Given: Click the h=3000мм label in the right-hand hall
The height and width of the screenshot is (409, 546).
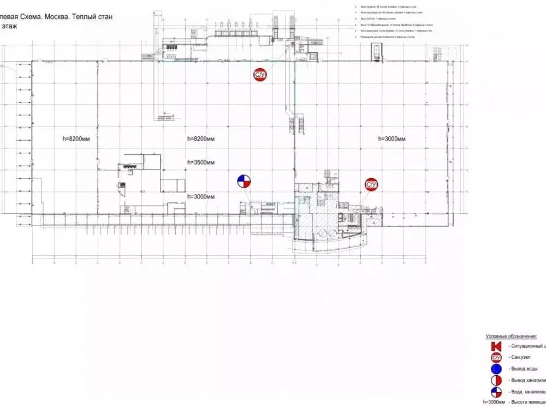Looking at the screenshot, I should click(392, 140).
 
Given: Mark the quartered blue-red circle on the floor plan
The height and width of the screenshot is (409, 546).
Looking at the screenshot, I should click(244, 182).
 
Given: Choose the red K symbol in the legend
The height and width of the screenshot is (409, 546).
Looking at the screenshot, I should click(496, 346).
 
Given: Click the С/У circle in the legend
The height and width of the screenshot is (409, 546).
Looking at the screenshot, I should click(496, 358).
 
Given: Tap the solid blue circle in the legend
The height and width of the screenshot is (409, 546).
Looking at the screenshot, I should click(496, 369).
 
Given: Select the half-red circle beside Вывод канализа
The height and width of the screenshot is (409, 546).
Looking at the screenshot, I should click(496, 380).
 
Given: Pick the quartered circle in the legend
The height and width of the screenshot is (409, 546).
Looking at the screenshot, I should click(496, 392).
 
